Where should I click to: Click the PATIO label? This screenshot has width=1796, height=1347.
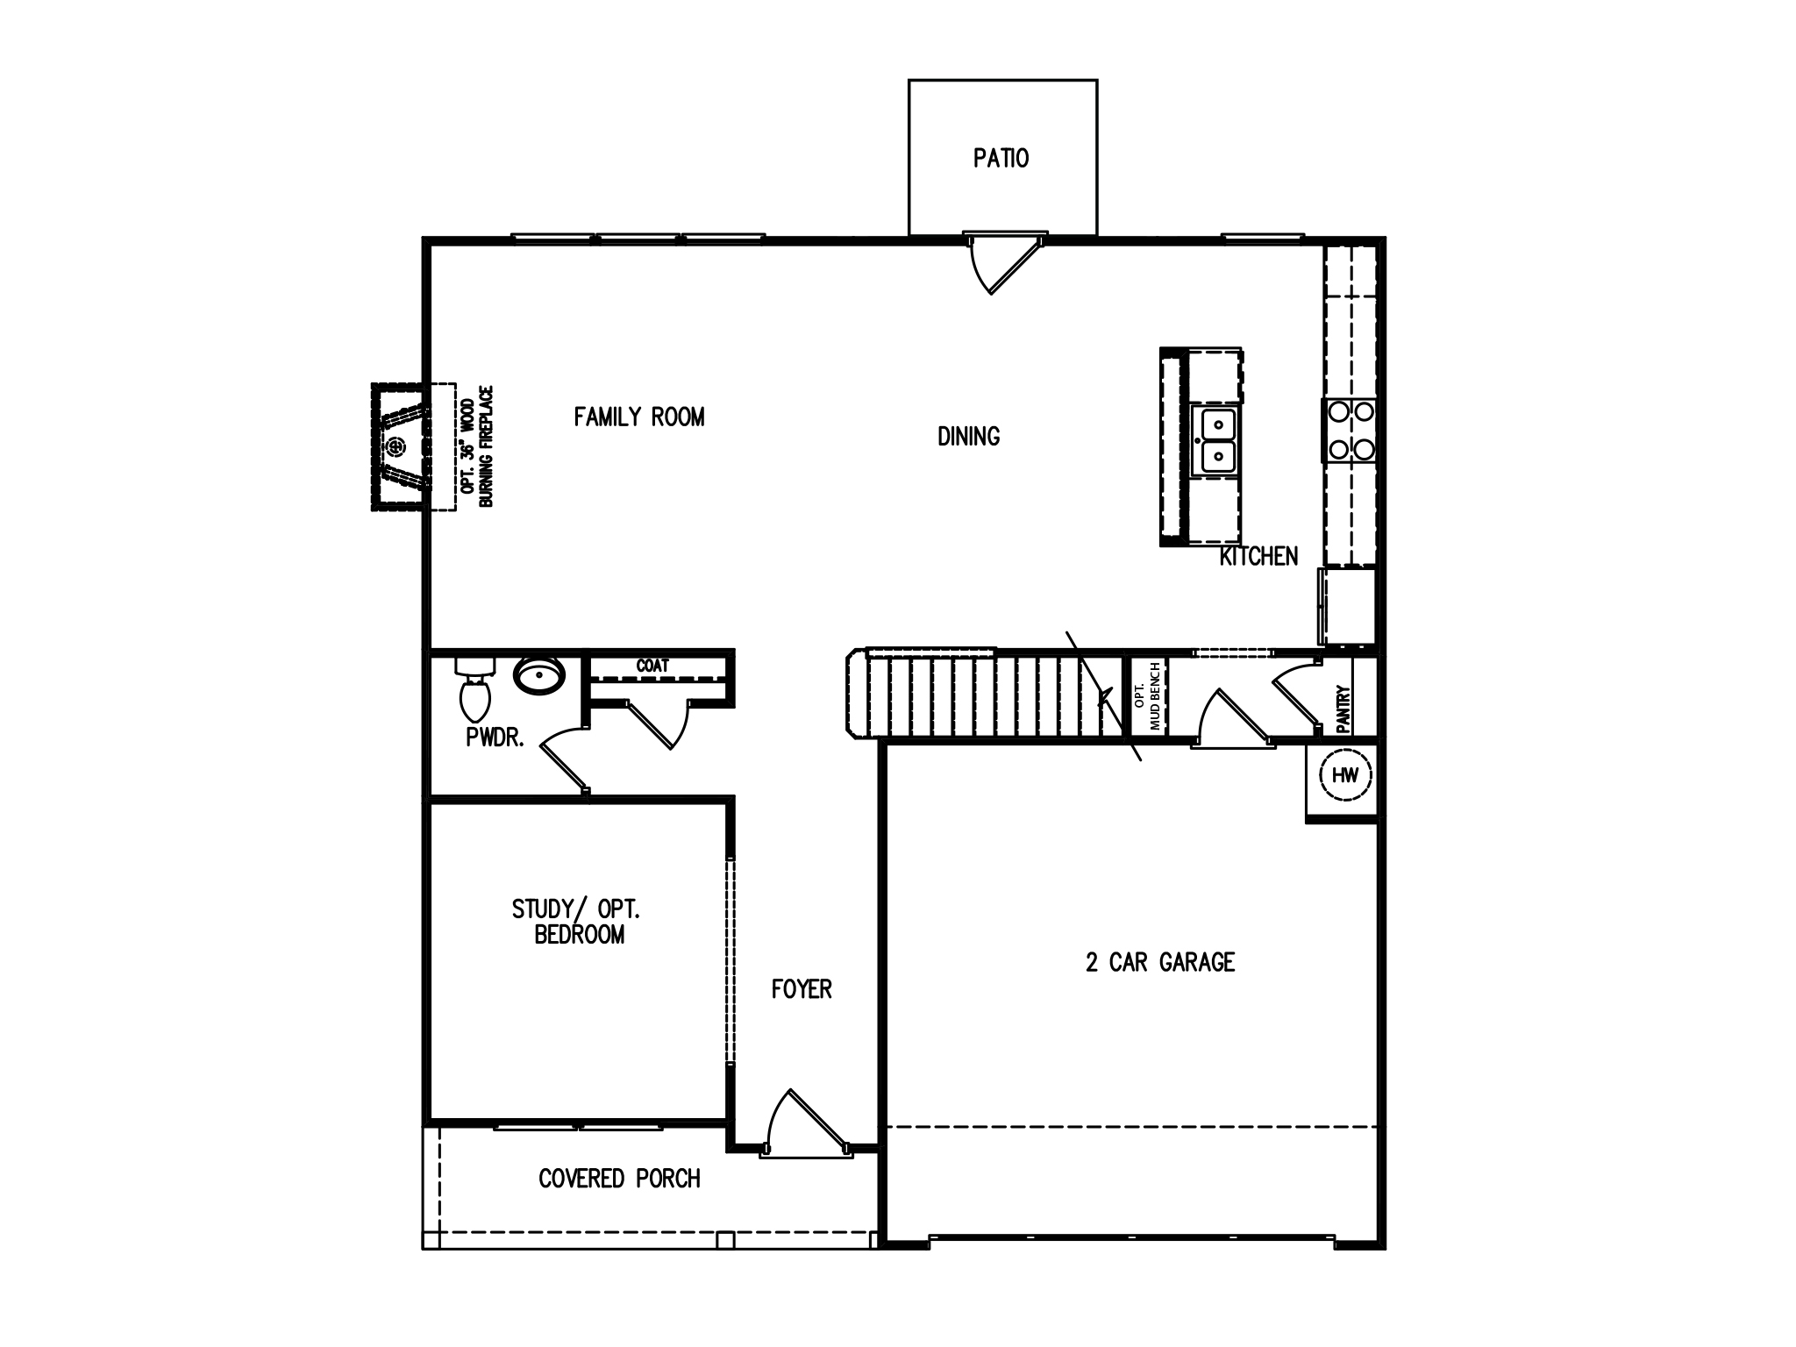(1001, 159)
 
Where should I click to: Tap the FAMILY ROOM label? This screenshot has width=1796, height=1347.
(639, 417)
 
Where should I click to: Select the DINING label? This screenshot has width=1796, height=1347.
(968, 436)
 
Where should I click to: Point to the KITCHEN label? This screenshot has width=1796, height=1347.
(1258, 556)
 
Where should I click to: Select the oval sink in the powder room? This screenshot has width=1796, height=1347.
(538, 676)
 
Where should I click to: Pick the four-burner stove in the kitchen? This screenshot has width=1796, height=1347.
(1351, 431)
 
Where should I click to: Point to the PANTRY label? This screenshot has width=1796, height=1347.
(1343, 709)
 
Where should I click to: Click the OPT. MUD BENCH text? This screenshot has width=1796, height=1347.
(1147, 696)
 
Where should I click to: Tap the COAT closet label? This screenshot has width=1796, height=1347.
(652, 666)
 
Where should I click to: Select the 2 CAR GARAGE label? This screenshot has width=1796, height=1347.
(1160, 962)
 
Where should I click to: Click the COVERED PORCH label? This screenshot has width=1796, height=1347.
(619, 1179)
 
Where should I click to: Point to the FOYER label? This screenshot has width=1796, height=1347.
(802, 989)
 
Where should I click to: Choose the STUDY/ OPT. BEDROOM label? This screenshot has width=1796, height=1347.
(577, 922)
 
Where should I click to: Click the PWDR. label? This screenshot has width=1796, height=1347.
(495, 738)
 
